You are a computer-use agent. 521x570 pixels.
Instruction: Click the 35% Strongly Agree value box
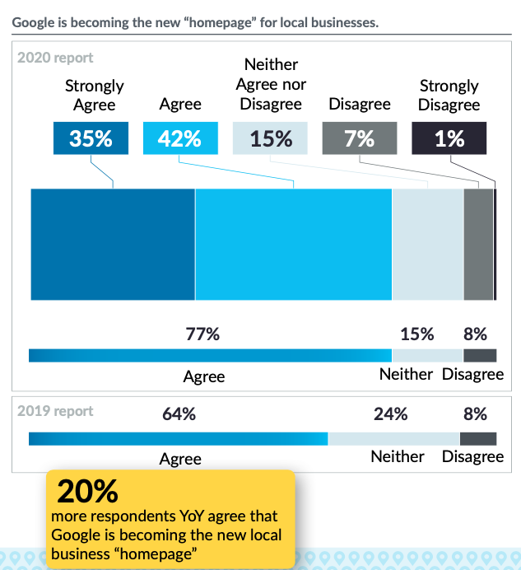coord(91,138)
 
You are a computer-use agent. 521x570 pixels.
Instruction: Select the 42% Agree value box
coord(180,138)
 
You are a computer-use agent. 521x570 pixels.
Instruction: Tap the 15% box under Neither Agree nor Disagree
coord(271,138)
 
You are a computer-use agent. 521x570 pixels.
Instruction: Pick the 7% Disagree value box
coord(360,138)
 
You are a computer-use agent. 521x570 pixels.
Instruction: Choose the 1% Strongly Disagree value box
coord(449,138)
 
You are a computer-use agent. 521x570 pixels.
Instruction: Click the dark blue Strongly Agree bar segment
coord(113,245)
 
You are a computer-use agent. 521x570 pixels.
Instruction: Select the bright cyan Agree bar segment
coord(293,245)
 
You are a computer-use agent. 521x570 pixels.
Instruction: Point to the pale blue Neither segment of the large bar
coord(428,245)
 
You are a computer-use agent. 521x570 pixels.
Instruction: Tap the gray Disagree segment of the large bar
coord(478,245)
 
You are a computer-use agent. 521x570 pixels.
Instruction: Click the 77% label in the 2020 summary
coord(202,334)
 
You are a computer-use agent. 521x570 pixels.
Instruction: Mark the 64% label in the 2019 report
coord(179,414)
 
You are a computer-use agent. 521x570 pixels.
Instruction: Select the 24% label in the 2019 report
coord(391,414)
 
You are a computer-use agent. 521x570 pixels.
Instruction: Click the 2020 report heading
coord(56,58)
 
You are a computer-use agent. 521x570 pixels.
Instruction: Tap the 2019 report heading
coord(56,411)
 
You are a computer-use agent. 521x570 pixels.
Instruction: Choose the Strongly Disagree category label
coord(449,95)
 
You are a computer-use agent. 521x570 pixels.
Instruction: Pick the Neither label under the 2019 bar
coord(398,457)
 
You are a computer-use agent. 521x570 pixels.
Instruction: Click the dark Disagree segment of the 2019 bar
coord(478,438)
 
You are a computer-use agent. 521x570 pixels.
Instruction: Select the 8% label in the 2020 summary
coord(475,334)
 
